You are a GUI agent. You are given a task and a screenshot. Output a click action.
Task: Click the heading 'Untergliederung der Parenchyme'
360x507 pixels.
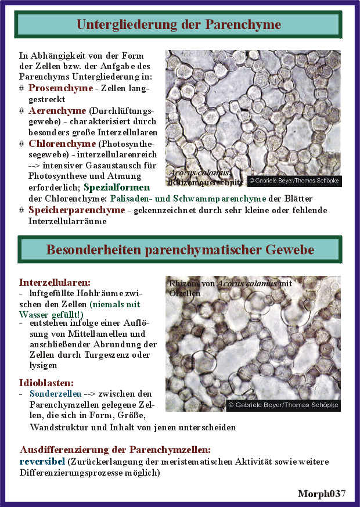[179, 24]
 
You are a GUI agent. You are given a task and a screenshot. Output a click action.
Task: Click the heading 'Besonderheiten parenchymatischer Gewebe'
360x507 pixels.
[179, 250]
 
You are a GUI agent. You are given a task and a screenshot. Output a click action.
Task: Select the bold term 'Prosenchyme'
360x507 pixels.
[60, 88]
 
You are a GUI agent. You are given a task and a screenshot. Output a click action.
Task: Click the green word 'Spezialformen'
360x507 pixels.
[117, 188]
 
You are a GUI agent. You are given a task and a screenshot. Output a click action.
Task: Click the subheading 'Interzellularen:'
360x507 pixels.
[55, 282]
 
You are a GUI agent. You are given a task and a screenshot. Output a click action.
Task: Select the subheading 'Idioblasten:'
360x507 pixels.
[46, 383]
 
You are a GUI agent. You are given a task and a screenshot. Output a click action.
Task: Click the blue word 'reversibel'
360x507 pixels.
[42, 462]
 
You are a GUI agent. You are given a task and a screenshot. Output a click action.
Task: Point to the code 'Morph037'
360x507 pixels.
[322, 494]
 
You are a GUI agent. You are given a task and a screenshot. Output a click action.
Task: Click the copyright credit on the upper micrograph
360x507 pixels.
[294, 181]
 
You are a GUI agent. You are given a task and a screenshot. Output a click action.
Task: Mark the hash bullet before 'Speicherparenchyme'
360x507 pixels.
[21, 210]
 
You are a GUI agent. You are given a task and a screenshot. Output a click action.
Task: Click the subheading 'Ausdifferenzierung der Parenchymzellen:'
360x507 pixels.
[115, 450]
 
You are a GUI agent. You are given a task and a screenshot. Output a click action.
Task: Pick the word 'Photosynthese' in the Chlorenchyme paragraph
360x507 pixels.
[57, 177]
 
